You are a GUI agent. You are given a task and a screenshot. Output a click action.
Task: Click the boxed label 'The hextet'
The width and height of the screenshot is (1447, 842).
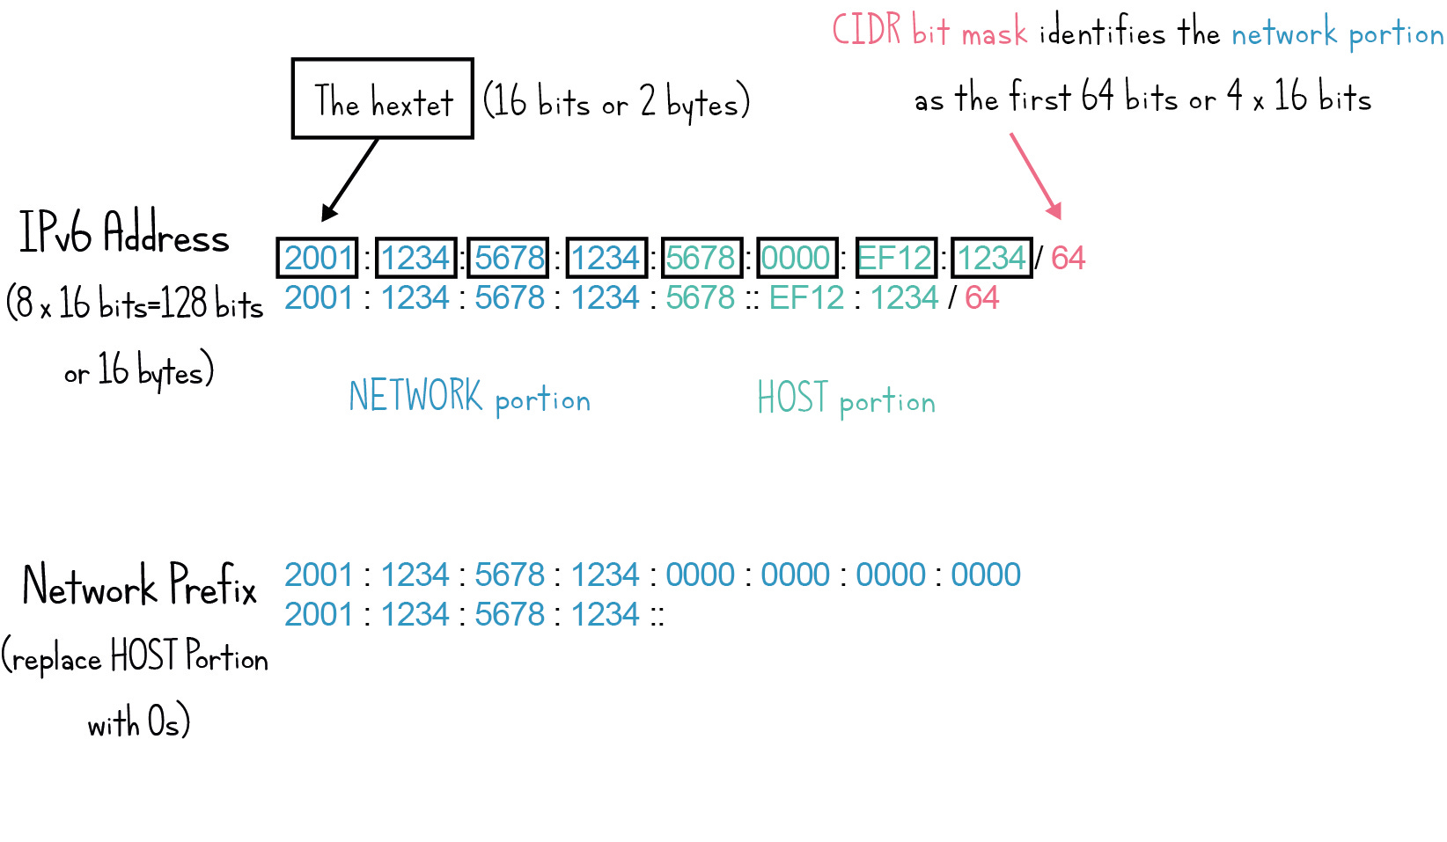point(383,99)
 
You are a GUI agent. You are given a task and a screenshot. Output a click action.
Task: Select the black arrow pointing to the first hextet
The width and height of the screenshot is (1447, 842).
point(351,179)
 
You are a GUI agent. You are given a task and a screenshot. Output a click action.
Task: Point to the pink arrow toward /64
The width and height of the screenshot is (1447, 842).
point(1035,175)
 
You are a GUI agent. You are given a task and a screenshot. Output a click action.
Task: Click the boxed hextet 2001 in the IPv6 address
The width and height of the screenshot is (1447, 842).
point(317,258)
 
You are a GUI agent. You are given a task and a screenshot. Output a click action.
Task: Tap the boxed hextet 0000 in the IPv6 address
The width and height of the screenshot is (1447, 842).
point(796,258)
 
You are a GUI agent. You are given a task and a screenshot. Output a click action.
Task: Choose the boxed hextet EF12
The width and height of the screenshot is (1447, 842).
point(895,258)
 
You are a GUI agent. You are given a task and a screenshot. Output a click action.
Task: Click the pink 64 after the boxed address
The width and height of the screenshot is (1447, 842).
point(1068,258)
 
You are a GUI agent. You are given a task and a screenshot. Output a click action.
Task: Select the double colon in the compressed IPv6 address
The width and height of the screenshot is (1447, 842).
point(752,298)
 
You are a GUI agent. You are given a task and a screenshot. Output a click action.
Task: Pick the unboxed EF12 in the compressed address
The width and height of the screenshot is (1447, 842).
point(806,298)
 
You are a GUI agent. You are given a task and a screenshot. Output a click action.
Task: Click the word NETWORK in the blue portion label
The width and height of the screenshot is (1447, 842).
point(415,396)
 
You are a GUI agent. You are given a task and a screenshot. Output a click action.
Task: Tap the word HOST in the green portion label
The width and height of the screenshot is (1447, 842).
point(792,398)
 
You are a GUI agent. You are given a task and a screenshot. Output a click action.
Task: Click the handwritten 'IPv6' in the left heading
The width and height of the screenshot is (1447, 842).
point(55,233)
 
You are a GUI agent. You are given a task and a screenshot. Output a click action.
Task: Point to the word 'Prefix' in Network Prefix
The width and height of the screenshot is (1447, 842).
point(213,585)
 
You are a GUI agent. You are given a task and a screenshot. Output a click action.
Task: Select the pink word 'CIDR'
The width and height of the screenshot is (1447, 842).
point(867,30)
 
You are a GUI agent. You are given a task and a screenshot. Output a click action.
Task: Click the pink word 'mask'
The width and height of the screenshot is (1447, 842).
point(994,34)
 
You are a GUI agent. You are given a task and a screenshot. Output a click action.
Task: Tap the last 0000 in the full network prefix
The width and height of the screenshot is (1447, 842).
point(986,575)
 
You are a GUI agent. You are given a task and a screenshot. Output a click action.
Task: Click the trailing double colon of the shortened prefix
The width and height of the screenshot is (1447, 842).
point(657,615)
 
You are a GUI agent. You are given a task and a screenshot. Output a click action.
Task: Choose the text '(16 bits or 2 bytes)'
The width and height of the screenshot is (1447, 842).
point(616,102)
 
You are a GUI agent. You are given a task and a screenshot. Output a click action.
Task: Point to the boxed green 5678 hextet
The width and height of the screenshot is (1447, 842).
point(701,258)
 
